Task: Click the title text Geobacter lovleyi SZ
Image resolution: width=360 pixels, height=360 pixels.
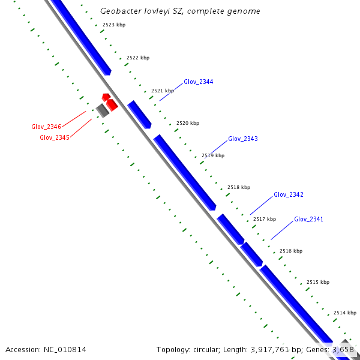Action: pyautogui.click(x=180, y=11)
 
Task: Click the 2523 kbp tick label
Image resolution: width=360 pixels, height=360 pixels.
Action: pyautogui.click(x=114, y=25)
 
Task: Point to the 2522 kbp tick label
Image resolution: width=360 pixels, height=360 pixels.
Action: pyautogui.click(x=138, y=58)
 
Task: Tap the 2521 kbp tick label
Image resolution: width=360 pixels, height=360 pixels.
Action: pyautogui.click(x=163, y=91)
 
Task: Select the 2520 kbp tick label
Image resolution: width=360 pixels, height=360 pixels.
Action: pyautogui.click(x=188, y=123)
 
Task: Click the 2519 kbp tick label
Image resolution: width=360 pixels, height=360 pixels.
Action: pyautogui.click(x=213, y=155)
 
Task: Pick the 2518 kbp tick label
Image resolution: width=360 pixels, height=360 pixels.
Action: pyautogui.click(x=239, y=188)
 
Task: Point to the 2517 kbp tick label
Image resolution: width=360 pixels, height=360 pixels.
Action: pyautogui.click(x=265, y=219)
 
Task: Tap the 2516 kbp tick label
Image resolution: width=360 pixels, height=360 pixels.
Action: pyautogui.click(x=291, y=251)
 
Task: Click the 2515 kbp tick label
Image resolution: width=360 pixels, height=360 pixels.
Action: pyautogui.click(x=318, y=282)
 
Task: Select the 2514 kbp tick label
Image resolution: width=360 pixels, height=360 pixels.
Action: pyautogui.click(x=345, y=313)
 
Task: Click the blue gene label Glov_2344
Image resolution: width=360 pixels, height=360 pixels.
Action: pyautogui.click(x=199, y=82)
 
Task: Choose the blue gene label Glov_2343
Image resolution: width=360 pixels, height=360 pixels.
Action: pyautogui.click(x=243, y=139)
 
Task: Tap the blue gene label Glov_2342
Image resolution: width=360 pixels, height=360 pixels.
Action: pyautogui.click(x=289, y=195)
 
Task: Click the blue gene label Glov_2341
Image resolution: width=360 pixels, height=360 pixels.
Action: pyautogui.click(x=309, y=220)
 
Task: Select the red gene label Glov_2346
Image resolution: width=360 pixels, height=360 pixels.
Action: pyautogui.click(x=46, y=127)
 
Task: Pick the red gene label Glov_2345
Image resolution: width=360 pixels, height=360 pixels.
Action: pyautogui.click(x=55, y=137)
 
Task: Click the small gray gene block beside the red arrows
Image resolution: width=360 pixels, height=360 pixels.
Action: pyautogui.click(x=103, y=110)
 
